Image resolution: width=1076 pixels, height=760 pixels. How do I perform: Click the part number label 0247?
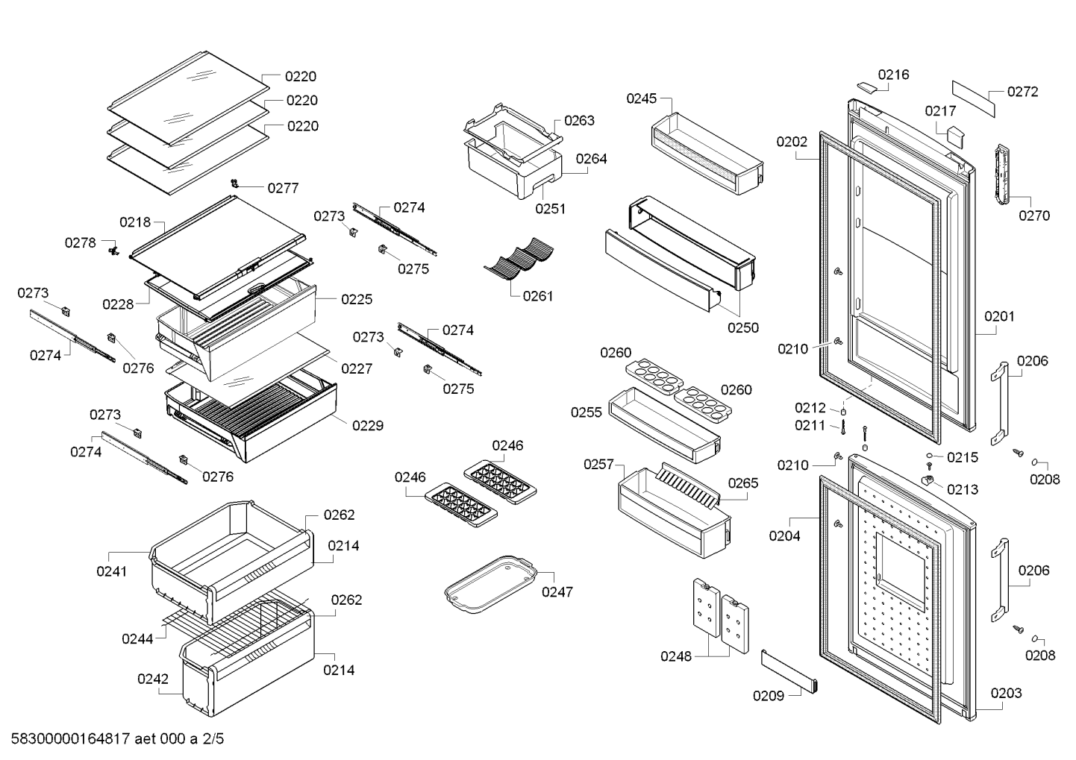tap(557, 592)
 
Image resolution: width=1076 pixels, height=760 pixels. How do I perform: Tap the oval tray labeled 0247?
tap(490, 584)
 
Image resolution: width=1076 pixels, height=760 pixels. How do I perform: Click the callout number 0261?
tap(538, 296)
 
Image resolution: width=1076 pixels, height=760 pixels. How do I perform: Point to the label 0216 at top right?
tap(893, 75)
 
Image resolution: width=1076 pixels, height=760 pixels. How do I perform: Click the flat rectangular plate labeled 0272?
tap(974, 99)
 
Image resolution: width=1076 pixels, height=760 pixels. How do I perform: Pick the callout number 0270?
tap(1034, 216)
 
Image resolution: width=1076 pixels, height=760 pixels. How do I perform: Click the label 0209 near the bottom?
tap(769, 696)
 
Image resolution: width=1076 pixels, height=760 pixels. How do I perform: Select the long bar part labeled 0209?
tap(789, 671)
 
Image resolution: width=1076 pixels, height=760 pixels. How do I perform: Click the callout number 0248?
tap(676, 656)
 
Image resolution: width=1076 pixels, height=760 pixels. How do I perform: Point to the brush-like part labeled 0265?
tap(687, 485)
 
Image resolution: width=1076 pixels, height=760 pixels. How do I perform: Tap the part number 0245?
tap(641, 98)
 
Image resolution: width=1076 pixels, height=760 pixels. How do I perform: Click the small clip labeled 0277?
tap(235, 183)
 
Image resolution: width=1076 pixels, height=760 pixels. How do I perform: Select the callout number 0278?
tap(81, 243)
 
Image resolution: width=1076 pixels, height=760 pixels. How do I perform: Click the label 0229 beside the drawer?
tap(368, 426)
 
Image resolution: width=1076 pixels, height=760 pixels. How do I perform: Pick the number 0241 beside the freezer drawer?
tap(111, 571)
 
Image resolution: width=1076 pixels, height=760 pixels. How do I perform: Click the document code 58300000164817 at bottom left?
tap(70, 738)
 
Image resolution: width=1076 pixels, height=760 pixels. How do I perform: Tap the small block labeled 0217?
tap(955, 136)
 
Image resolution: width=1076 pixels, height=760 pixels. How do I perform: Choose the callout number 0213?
tap(963, 489)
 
